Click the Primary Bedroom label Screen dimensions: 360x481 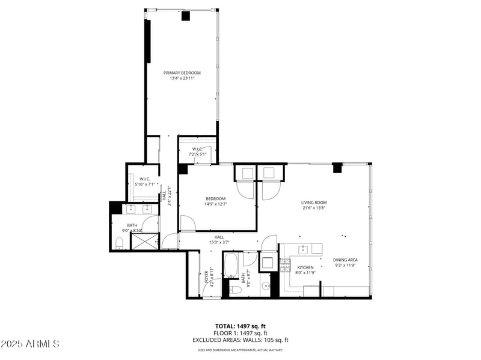182,73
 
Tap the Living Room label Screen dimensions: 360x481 313,203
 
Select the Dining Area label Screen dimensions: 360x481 345,260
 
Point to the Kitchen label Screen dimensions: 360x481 305,267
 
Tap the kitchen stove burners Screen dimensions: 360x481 285,265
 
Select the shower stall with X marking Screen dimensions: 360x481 144,241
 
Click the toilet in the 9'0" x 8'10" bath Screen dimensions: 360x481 120,242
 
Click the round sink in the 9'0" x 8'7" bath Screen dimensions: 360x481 265,286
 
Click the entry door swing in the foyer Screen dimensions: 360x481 212,290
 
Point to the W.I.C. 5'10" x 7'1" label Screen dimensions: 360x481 144,179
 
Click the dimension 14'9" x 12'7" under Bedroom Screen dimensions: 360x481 215,204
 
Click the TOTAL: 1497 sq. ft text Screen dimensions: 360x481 240,326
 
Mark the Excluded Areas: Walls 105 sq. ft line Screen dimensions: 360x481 240,340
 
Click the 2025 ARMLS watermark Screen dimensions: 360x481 30,344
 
